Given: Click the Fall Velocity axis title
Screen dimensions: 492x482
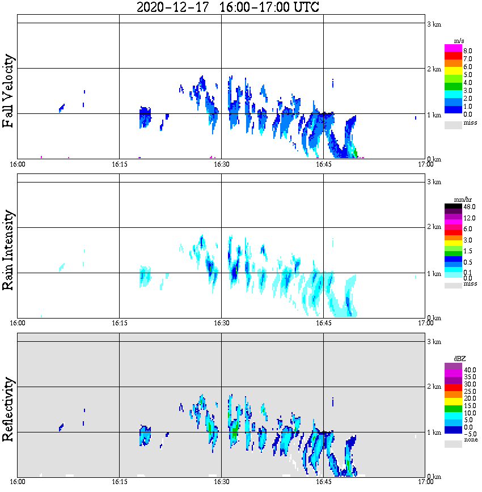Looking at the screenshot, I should coord(9,91).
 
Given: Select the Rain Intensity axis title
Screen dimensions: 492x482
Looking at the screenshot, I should coord(9,249).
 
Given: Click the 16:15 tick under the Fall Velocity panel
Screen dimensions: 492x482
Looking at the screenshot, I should coord(119,164).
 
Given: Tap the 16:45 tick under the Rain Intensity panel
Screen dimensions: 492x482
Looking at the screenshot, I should coord(323,323).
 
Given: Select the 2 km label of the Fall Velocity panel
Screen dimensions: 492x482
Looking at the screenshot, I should coord(434,69).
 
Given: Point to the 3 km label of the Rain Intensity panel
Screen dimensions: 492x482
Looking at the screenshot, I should coord(434,182).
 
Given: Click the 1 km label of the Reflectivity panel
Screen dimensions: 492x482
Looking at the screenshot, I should coord(434,432).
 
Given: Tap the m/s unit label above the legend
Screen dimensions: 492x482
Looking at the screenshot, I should coord(459,40).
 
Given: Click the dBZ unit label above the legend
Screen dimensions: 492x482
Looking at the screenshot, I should coord(459,359).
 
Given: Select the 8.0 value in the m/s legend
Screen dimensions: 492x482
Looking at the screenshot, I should coord(467,50).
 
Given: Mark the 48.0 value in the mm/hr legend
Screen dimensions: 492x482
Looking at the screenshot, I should coord(468,207).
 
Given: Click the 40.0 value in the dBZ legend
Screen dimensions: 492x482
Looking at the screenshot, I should coord(468,370).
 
